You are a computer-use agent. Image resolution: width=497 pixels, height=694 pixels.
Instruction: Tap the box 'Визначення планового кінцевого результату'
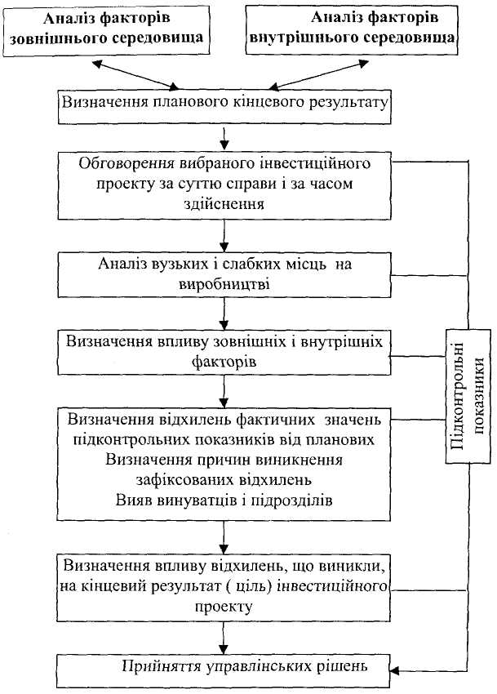point(223,105)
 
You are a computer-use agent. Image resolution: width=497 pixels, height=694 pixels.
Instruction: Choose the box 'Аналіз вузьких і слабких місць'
point(223,274)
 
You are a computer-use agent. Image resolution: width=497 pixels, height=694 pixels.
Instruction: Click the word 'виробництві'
point(223,285)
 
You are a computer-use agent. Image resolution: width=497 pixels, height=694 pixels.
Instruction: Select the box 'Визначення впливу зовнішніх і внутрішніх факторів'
point(223,349)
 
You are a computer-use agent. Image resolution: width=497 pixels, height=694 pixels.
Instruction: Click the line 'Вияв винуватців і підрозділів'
point(223,497)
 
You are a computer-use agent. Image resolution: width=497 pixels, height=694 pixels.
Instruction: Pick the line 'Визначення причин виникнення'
point(223,460)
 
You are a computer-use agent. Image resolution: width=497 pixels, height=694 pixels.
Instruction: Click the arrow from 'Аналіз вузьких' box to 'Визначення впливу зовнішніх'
point(223,313)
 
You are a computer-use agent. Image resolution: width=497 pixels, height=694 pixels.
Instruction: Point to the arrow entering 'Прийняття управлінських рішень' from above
point(223,637)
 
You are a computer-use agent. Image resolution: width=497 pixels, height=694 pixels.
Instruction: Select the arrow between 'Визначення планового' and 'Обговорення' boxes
point(223,135)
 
